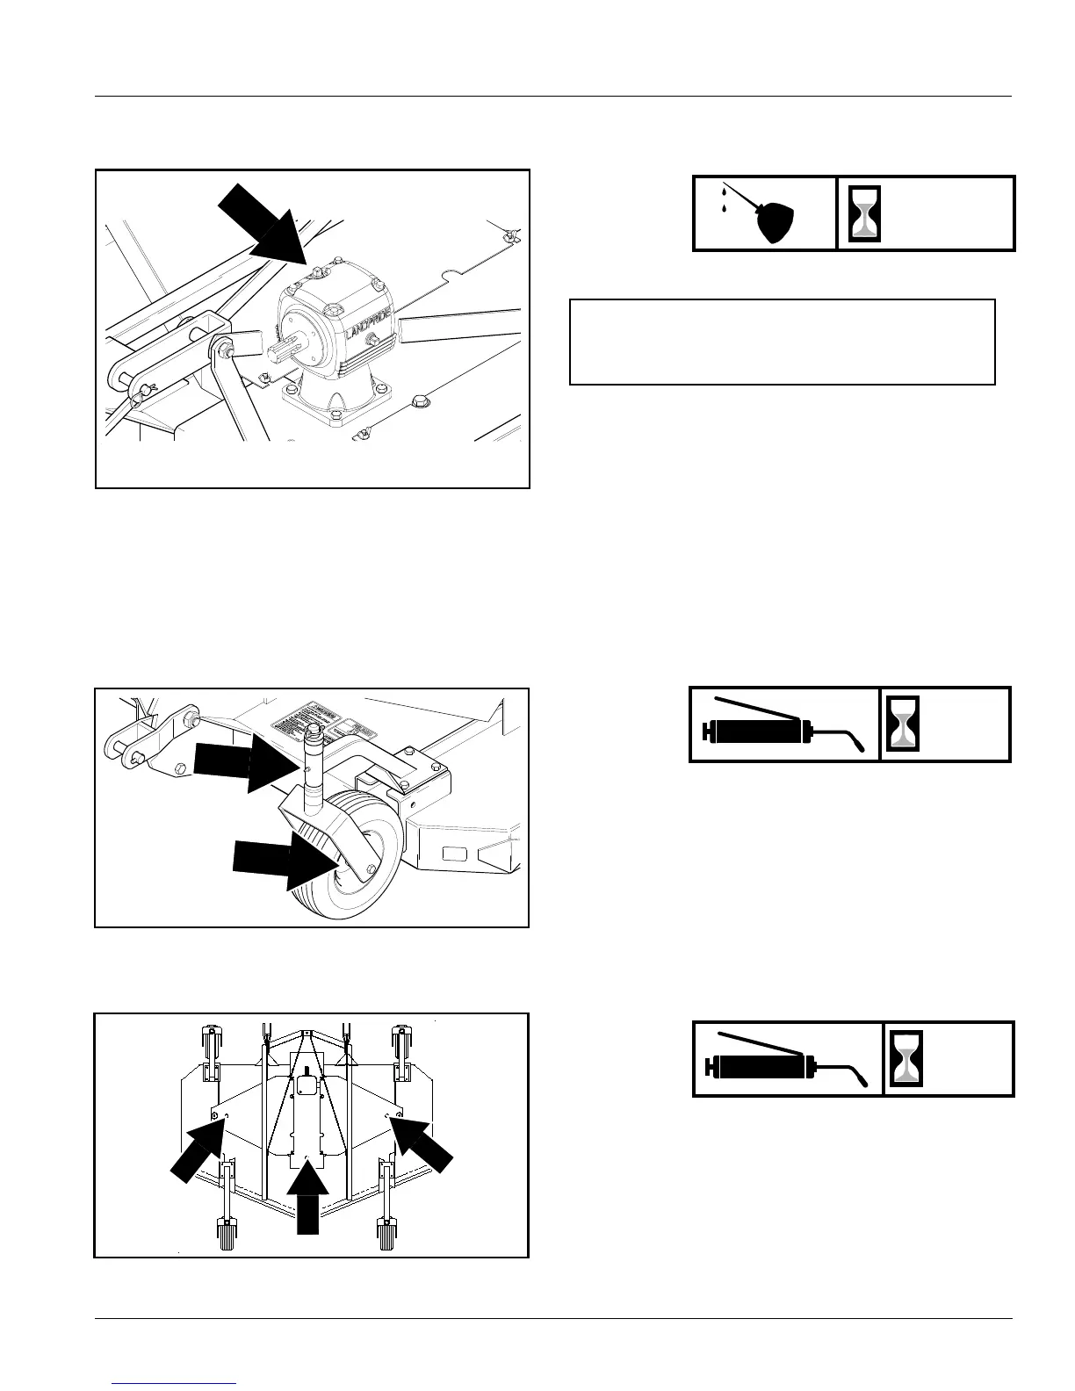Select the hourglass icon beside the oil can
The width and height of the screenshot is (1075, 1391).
click(866, 213)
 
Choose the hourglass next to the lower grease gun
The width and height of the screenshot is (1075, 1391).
click(907, 1058)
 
